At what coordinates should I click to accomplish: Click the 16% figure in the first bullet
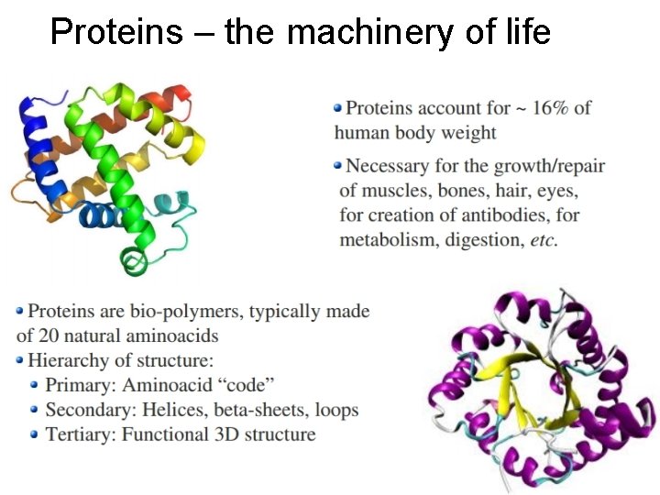pyautogui.click(x=553, y=108)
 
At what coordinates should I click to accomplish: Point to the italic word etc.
pyautogui.click(x=543, y=240)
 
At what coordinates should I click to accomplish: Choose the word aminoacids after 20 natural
pyautogui.click(x=175, y=335)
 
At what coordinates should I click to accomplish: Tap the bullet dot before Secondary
pyautogui.click(x=35, y=410)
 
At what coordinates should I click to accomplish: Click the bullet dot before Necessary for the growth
pyautogui.click(x=338, y=166)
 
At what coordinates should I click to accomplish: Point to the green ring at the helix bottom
pyautogui.click(x=135, y=264)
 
